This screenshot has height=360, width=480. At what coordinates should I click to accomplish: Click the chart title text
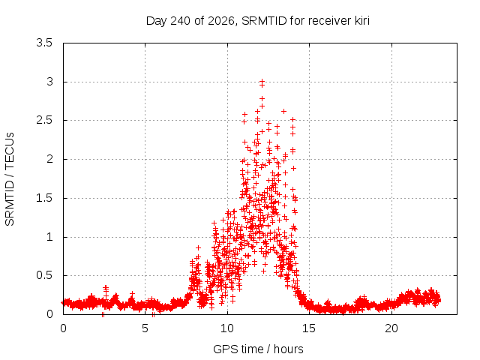258,21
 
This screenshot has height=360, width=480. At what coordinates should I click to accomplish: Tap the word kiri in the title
361,20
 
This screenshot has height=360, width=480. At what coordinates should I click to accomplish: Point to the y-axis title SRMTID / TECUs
10,179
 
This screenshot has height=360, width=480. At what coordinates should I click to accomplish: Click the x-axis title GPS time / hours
258,349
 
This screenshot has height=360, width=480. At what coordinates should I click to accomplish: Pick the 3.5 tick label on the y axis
44,43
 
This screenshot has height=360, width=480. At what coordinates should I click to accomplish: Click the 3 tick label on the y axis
49,82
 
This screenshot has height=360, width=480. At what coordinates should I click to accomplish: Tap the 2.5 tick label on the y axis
44,120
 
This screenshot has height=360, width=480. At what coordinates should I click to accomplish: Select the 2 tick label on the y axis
49,159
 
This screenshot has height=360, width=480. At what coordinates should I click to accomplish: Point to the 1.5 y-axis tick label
44,198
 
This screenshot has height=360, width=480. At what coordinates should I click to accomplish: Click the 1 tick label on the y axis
49,237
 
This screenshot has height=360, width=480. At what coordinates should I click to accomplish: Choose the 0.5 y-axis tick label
44,275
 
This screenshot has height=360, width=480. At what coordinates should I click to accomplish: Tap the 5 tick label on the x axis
145,328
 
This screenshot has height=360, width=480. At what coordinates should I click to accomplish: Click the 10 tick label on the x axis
227,328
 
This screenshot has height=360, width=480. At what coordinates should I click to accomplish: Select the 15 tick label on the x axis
309,328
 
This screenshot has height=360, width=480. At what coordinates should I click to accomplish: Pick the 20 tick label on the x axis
391,328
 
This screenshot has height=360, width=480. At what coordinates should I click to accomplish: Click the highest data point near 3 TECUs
262,81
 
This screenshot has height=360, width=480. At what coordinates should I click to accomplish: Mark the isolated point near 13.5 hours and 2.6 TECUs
283,112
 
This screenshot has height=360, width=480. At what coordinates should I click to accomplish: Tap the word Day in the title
157,21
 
